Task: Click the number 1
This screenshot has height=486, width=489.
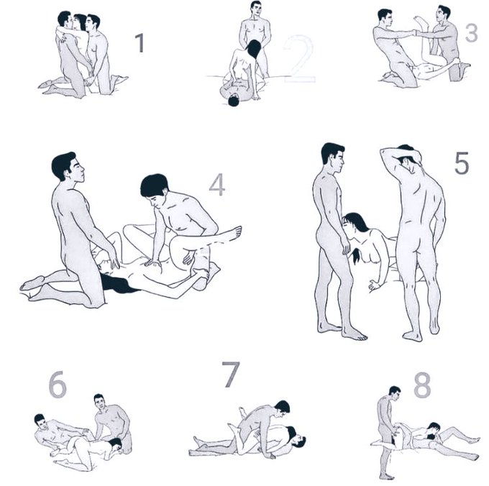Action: [x=140, y=42]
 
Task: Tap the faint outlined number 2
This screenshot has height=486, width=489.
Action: [x=299, y=59]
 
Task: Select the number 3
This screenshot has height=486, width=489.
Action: [x=471, y=33]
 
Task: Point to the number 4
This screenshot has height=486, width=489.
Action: [x=217, y=185]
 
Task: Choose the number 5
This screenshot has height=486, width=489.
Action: [x=462, y=162]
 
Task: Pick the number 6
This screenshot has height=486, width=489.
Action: [x=58, y=385]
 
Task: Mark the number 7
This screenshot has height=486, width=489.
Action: [x=231, y=374]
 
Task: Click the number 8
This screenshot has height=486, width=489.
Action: [x=422, y=386]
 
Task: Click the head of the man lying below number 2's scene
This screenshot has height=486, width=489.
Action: [x=234, y=101]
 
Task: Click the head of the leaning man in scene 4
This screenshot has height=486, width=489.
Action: [x=155, y=188]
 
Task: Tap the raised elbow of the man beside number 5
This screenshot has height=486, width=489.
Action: [x=383, y=152]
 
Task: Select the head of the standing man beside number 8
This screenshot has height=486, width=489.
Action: [x=395, y=393]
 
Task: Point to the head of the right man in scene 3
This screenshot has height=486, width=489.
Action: [x=443, y=14]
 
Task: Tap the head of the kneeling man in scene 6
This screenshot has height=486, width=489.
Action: [x=99, y=401]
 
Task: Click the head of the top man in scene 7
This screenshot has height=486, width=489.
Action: [x=283, y=408]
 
